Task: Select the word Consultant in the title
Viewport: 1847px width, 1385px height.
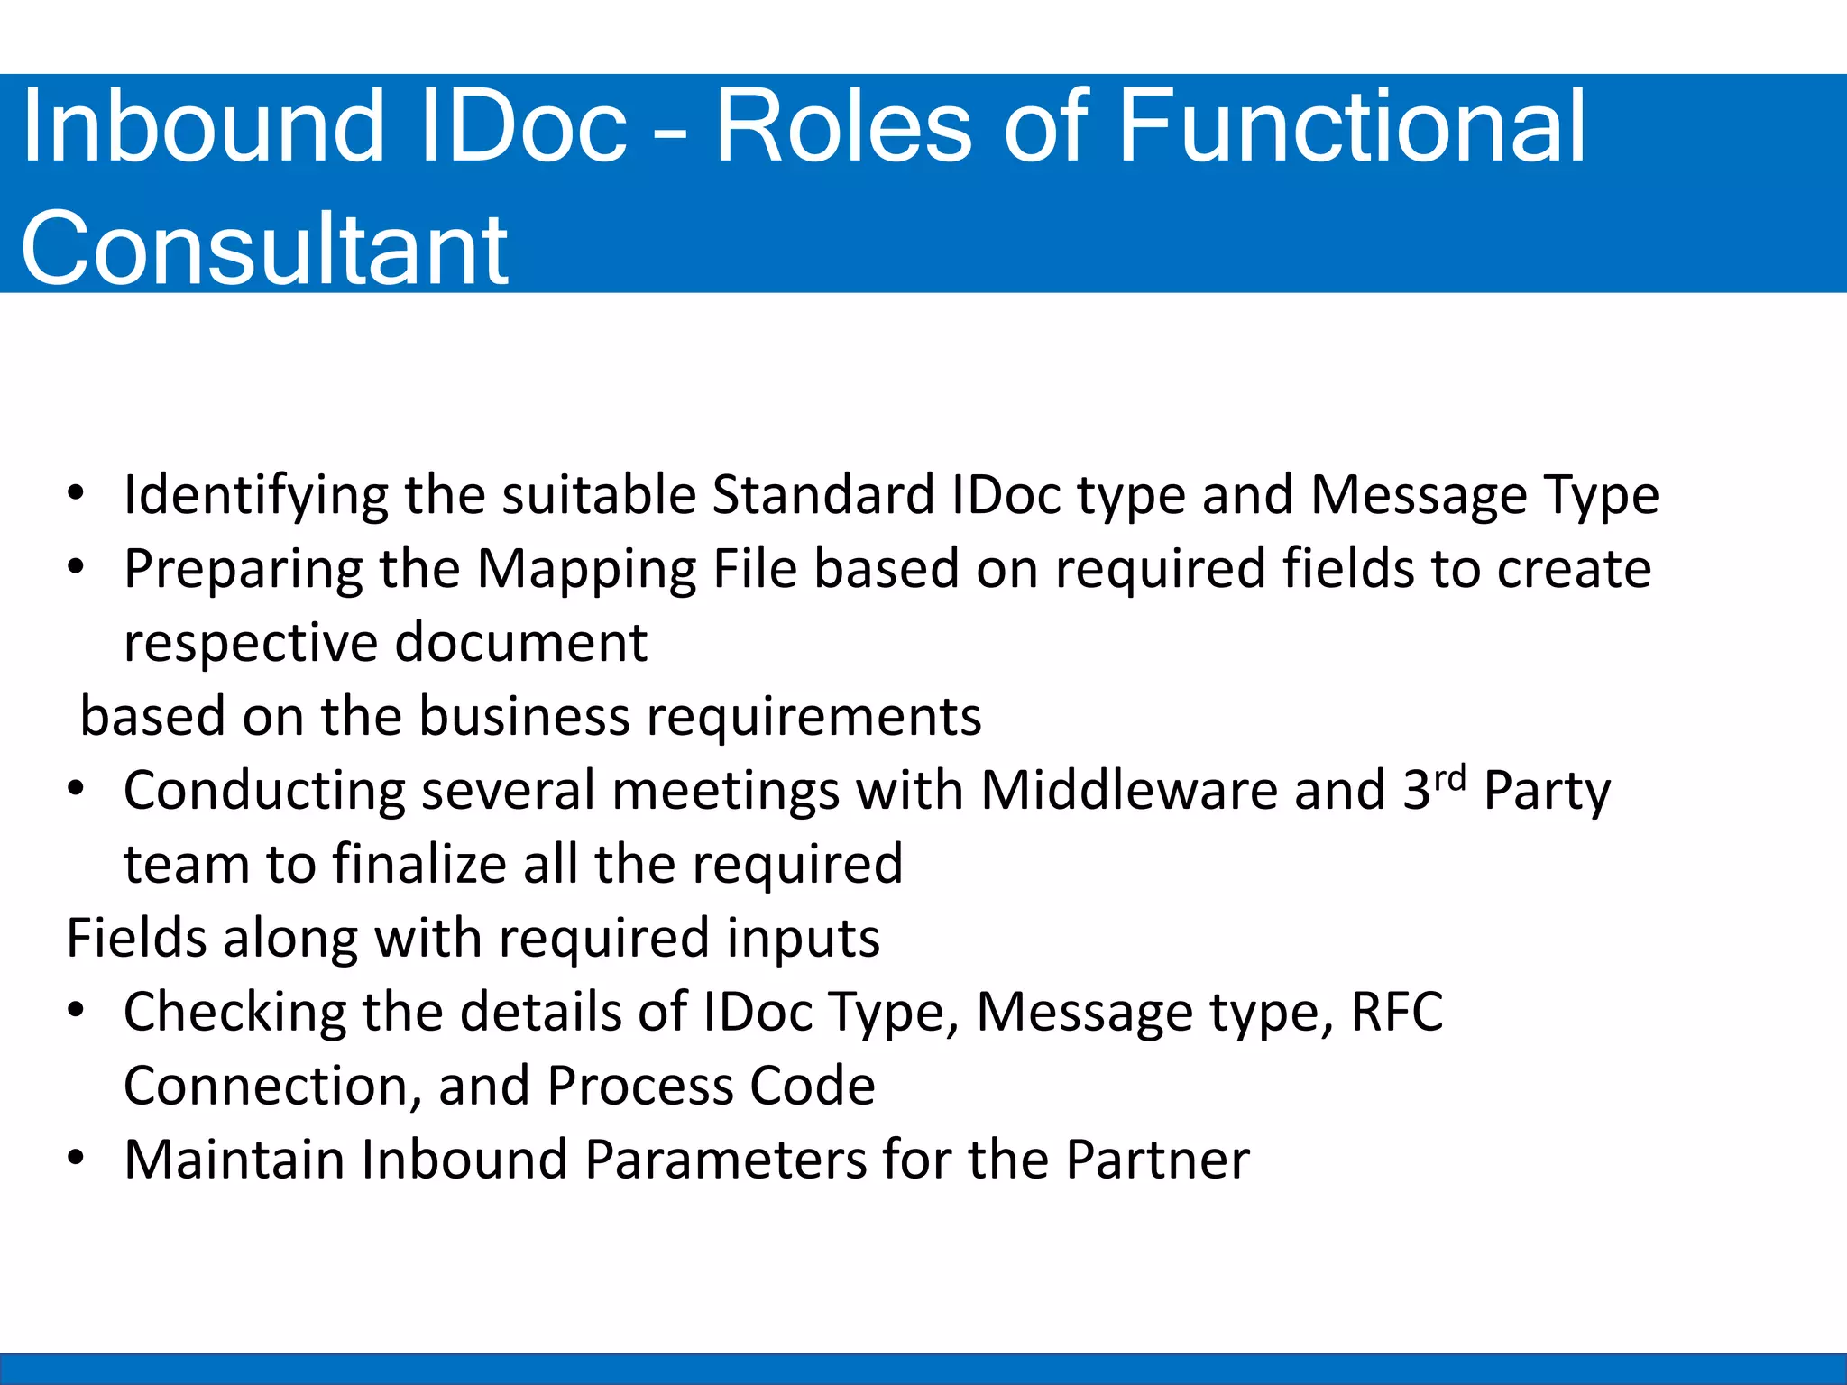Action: click(264, 248)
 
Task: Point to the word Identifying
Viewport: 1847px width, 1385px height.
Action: click(255, 497)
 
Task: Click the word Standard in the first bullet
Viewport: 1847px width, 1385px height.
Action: click(823, 495)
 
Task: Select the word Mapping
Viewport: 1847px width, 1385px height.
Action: click(586, 571)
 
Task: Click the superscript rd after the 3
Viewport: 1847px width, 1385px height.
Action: click(1450, 777)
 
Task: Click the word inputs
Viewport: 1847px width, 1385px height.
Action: click(803, 939)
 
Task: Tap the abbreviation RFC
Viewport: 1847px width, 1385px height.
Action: click(1396, 1012)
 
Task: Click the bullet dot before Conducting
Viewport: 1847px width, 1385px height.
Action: click(77, 789)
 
